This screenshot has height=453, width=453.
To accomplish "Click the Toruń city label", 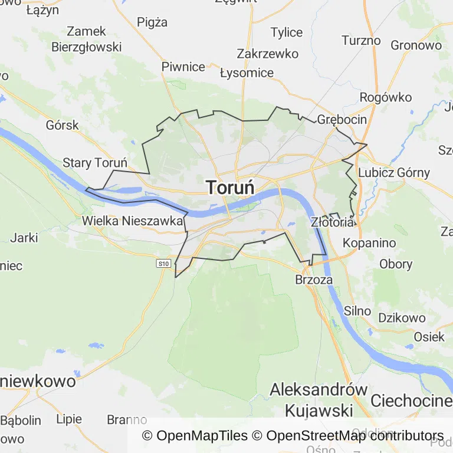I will tap(231, 188).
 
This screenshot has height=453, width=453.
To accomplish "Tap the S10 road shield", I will tap(164, 264).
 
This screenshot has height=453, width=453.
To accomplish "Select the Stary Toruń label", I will tap(95, 163).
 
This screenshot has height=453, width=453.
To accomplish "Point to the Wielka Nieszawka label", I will tap(133, 221).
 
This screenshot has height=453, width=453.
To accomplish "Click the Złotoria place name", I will tap(333, 222).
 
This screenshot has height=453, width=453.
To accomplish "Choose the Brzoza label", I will tap(314, 280).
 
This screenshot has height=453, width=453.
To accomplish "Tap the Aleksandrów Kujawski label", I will tap(319, 400).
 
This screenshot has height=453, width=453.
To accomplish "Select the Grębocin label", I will tap(342, 120).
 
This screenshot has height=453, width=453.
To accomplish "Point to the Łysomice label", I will tap(247, 73).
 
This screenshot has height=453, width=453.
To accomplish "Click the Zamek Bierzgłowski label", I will tap(86, 39).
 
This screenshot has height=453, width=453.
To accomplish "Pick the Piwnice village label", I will tap(183, 67).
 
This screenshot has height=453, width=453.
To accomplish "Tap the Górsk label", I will tap(62, 125).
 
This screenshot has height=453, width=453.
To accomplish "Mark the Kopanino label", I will tap(369, 243).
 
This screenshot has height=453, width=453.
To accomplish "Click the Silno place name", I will tap(357, 311).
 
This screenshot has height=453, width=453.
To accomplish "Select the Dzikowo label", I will tap(402, 318).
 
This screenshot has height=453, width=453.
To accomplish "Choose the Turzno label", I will tap(361, 41).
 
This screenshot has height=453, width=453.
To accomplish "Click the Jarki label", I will tap(24, 238).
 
